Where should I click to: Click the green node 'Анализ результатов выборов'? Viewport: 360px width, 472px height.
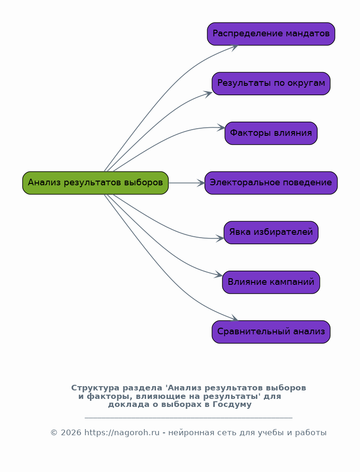click(x=95, y=183)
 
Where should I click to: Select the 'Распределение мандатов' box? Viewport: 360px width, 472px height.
click(x=271, y=34)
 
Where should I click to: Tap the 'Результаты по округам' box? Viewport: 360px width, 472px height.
click(x=271, y=83)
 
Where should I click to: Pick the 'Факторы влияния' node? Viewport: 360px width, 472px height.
click(x=271, y=133)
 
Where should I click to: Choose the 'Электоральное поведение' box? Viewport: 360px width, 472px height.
click(x=271, y=183)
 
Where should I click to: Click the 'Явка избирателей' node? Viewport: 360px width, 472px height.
click(x=271, y=232)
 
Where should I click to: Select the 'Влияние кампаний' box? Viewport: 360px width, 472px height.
click(x=271, y=282)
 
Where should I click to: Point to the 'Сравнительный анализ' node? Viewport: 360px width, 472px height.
click(x=271, y=332)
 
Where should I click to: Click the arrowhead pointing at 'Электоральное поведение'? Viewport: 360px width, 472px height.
click(x=202, y=183)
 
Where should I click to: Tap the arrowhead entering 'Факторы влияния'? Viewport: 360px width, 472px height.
click(x=221, y=127)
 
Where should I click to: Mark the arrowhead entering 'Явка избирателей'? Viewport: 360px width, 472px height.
click(x=221, y=239)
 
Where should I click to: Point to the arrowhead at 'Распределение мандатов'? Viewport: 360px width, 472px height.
click(x=234, y=46)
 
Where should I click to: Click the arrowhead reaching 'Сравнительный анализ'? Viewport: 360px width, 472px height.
click(x=235, y=319)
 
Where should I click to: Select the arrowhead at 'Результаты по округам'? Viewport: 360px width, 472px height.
click(x=208, y=93)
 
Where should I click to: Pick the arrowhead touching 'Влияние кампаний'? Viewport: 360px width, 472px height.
click(x=219, y=275)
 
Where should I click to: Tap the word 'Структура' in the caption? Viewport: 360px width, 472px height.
click(x=95, y=388)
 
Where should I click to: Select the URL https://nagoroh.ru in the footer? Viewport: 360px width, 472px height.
click(x=122, y=433)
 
